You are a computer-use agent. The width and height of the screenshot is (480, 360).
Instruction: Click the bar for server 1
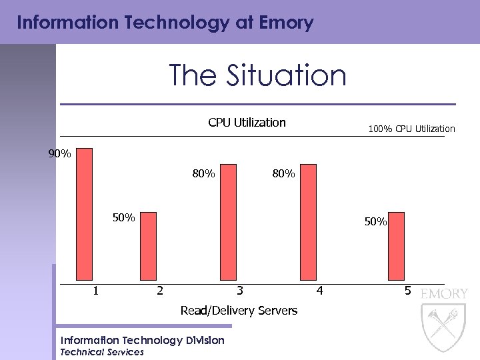85,213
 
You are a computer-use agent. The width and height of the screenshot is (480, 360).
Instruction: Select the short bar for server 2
148,246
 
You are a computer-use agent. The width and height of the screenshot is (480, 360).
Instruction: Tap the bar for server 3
228,222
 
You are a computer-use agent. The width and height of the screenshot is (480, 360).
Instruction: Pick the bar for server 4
308,222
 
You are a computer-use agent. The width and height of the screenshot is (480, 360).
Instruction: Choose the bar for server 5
396,246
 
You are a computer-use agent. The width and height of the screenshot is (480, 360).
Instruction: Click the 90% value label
60,154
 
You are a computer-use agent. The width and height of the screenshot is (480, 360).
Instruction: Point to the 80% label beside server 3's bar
203,174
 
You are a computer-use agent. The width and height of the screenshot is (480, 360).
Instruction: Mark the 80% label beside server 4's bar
283,174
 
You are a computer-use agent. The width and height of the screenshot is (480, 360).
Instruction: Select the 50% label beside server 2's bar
123,217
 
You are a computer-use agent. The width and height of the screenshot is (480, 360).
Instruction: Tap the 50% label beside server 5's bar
375,222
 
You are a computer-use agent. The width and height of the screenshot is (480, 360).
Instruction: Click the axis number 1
97,291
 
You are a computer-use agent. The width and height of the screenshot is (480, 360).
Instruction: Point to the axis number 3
240,291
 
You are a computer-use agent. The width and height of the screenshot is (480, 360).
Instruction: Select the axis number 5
407,291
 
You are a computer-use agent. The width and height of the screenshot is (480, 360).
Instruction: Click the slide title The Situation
257,75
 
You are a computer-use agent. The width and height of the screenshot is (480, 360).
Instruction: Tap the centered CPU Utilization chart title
247,123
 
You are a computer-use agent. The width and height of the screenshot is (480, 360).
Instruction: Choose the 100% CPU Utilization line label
411,129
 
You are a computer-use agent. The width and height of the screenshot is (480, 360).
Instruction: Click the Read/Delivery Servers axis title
239,311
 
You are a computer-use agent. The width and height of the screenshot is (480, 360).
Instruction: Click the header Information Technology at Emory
165,23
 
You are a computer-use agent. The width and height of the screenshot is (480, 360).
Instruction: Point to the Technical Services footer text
102,352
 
